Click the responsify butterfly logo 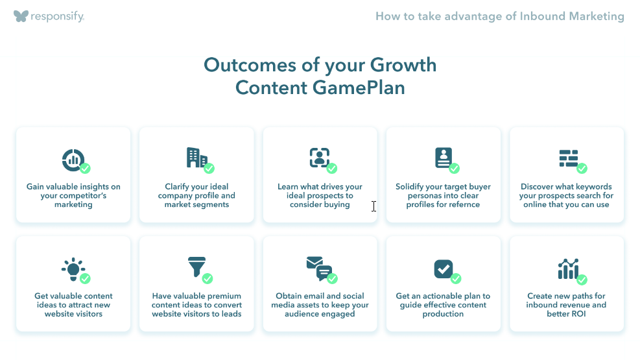point(21,16)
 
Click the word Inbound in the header point(542,16)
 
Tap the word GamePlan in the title point(359,88)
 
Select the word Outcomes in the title point(250,66)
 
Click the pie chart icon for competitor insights point(73,160)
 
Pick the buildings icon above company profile point(196,158)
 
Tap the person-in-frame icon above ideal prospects point(319,158)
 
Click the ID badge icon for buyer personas point(444,158)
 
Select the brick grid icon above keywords point(568,158)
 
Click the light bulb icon point(73,269)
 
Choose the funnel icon point(196,267)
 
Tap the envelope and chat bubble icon point(319,269)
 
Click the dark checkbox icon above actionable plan point(444,269)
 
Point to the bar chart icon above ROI point(568,269)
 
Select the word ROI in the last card point(578,314)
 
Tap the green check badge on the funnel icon point(207,278)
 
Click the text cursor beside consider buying point(373,206)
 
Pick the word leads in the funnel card point(231,314)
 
